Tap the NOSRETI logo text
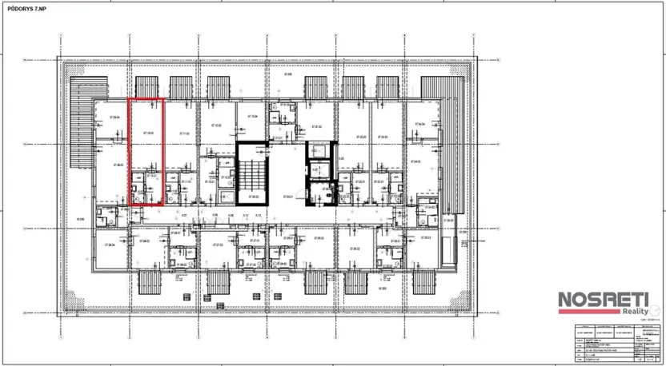coord(600,300)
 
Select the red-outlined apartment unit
coord(147,152)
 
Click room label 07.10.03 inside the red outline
coord(148,133)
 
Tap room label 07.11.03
coord(183,133)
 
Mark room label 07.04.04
coord(419,124)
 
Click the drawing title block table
coord(612,341)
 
